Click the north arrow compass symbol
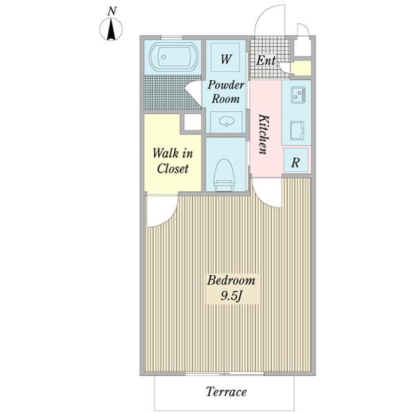111,29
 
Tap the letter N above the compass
112,11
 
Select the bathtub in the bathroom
173,57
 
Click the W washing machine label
226,59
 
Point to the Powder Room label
226,92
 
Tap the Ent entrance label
266,61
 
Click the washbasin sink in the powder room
227,121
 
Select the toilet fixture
224,175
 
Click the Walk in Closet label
172,161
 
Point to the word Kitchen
264,134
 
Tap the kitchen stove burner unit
298,95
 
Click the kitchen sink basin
297,130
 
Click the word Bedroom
231,280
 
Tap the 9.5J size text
231,296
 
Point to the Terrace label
226,391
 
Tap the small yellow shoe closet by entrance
302,68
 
